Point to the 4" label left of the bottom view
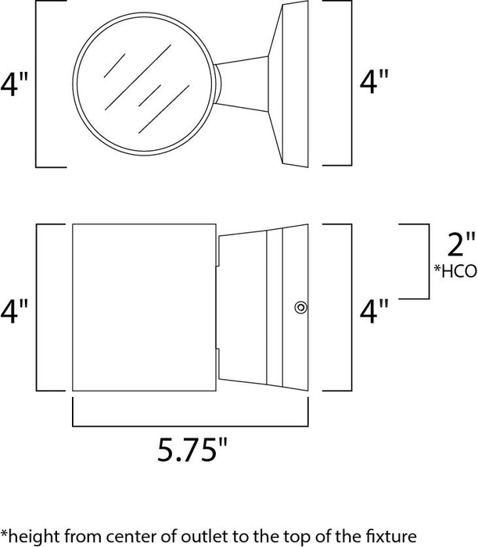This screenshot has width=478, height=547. tap(15, 312)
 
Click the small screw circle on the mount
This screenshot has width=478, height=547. tap(300, 307)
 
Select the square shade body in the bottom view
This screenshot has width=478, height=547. tap(144, 310)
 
